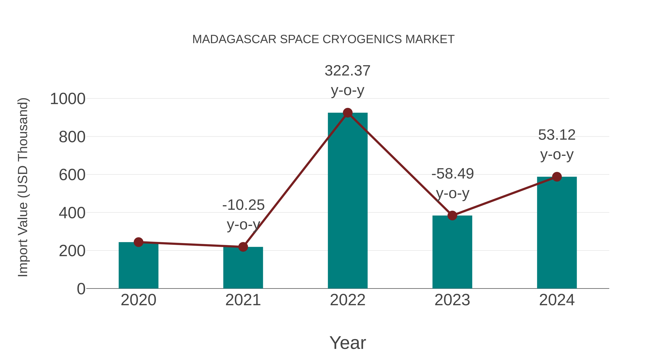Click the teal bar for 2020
pyautogui.click(x=138, y=266)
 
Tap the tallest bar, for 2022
pyautogui.click(x=348, y=201)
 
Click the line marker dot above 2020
pyautogui.click(x=138, y=242)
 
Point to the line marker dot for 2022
pyautogui.click(x=348, y=113)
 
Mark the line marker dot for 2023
pyautogui.click(x=452, y=216)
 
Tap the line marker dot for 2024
pyautogui.click(x=557, y=177)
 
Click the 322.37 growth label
pyautogui.click(x=347, y=71)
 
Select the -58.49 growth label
pyautogui.click(x=452, y=174)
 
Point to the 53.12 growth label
pyautogui.click(x=557, y=135)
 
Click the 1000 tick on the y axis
pyautogui.click(x=68, y=99)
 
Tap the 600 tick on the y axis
pyautogui.click(x=72, y=175)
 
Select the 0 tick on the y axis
pyautogui.click(x=81, y=289)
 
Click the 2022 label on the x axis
pyautogui.click(x=348, y=300)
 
